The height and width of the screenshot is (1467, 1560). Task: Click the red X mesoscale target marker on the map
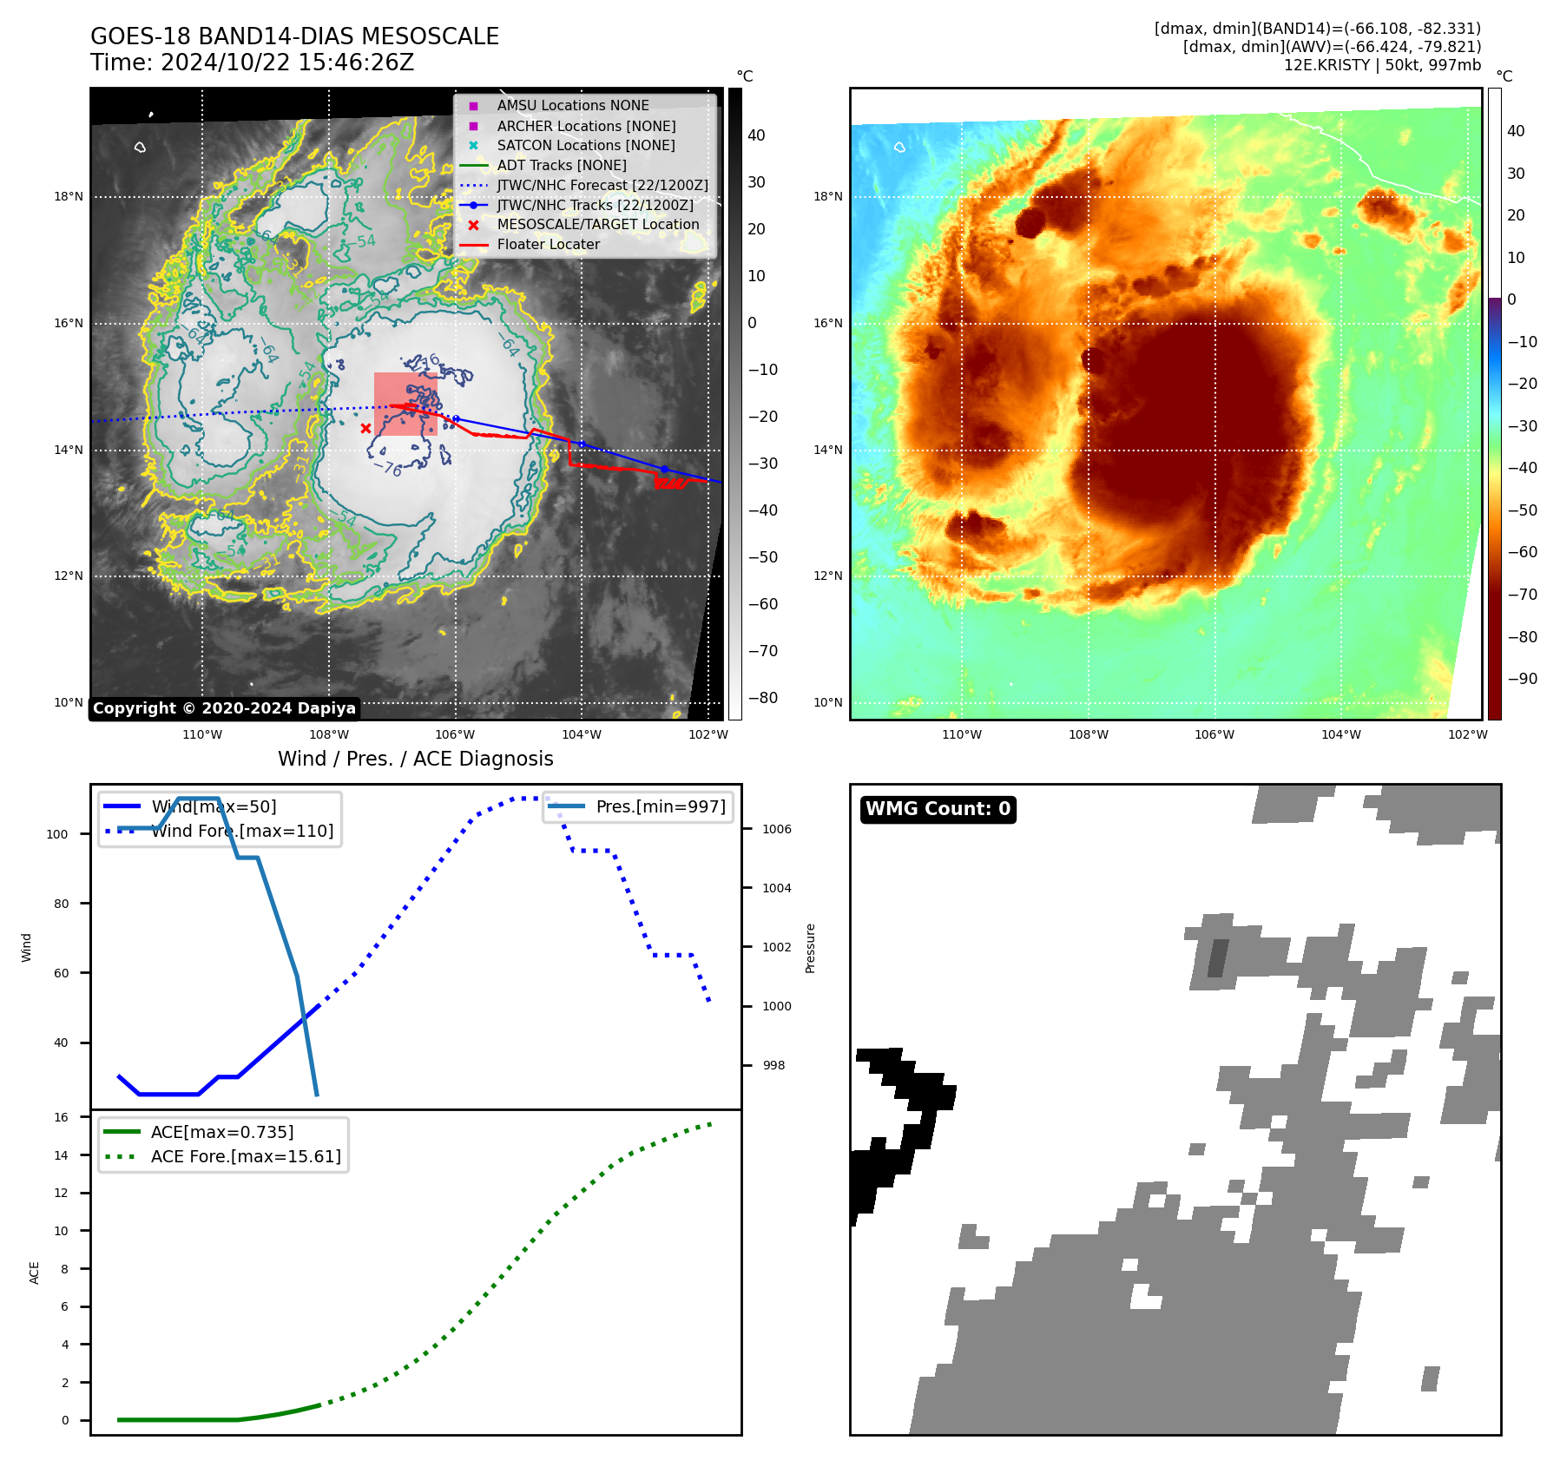pos(365,428)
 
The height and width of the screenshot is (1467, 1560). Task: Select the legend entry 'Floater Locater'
pos(548,245)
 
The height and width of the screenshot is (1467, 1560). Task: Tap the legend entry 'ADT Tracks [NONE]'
pos(561,165)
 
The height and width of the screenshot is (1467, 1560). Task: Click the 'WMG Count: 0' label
pos(938,809)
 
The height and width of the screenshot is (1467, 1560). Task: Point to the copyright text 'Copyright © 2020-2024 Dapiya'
pos(224,708)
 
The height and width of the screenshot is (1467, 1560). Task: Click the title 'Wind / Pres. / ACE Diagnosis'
pos(415,759)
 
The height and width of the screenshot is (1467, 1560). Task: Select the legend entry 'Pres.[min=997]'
pos(660,806)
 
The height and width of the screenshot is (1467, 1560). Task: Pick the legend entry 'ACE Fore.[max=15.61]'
pos(246,1156)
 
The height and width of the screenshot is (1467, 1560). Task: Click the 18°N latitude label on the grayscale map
pos(69,197)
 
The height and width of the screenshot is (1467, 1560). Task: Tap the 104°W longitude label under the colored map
pos(1340,734)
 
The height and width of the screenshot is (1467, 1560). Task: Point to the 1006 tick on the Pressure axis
pos(776,829)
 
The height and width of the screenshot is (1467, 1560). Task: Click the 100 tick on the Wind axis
pos(56,834)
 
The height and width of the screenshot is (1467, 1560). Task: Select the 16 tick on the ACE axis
pos(61,1117)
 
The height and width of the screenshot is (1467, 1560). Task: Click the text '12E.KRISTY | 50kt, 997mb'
pos(1382,65)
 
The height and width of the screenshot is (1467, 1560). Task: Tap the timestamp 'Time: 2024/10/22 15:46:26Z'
pos(252,63)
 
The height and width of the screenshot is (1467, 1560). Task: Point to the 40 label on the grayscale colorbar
pos(756,135)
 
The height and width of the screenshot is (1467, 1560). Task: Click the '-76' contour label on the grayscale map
pos(387,469)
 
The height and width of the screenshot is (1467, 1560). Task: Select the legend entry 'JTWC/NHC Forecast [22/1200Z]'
pos(602,185)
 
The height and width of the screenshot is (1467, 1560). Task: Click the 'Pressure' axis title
pos(810,948)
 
